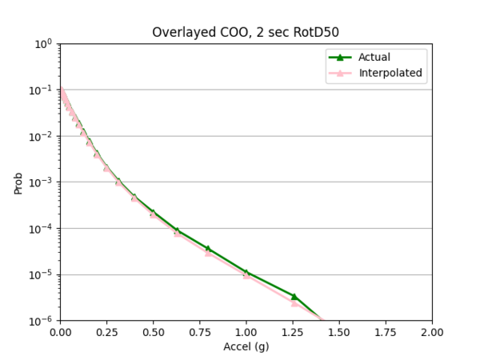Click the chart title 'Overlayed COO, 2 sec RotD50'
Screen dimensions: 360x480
click(x=245, y=32)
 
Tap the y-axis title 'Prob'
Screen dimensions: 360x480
click(x=18, y=182)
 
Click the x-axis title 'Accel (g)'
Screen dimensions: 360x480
click(x=246, y=347)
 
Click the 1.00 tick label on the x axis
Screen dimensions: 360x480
click(x=246, y=332)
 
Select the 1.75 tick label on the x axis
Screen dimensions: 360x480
click(x=386, y=332)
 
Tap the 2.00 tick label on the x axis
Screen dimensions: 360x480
click(x=432, y=332)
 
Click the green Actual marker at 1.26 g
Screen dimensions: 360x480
click(x=294, y=296)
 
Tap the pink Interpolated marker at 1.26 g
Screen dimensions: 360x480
click(x=294, y=302)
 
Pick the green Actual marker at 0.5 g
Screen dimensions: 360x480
click(x=153, y=212)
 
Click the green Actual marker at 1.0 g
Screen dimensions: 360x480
click(x=246, y=273)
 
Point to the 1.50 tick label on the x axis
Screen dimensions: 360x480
click(x=339, y=332)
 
